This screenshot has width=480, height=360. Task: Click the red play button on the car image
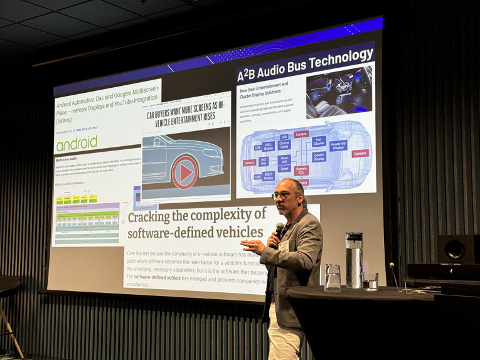click(184, 172)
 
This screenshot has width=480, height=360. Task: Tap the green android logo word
click(77, 144)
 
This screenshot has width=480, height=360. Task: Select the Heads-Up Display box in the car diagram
click(338, 146)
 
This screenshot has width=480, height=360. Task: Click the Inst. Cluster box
click(319, 141)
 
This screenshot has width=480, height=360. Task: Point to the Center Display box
click(319, 156)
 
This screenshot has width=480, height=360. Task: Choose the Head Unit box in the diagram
click(284, 159)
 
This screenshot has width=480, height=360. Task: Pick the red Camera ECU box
click(301, 170)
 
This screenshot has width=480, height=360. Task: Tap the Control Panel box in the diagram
click(284, 146)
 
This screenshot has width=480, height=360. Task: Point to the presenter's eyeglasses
click(282, 196)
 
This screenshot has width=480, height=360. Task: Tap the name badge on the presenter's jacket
click(284, 246)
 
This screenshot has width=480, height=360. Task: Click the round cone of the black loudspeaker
click(454, 250)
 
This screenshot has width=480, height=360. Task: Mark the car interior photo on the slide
click(339, 92)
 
